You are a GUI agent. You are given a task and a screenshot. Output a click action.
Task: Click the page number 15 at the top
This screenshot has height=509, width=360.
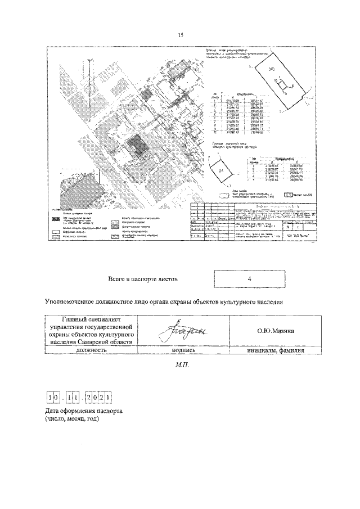pyautogui.click(x=181, y=35)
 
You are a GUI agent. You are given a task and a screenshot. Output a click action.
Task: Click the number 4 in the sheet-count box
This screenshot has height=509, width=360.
pyautogui.click(x=249, y=278)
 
